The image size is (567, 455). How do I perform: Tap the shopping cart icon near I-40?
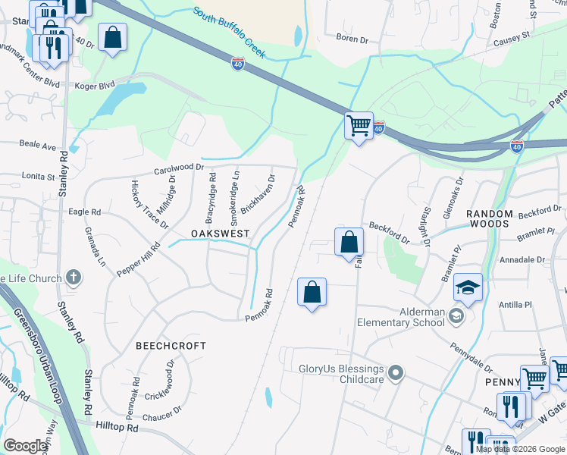pyautogui.click(x=359, y=125)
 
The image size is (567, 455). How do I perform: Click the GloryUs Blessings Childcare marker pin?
pyautogui.click(x=395, y=373)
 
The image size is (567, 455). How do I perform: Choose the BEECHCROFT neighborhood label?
pyautogui.click(x=171, y=346)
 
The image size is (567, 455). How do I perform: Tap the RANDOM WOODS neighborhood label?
pyautogui.click(x=489, y=219)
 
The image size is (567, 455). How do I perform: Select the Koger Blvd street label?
pyautogui.click(x=94, y=85)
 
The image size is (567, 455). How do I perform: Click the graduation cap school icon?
pyautogui.click(x=468, y=289)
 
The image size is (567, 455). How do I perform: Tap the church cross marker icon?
pyautogui.click(x=74, y=278)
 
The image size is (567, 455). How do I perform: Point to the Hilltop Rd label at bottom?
pyautogui.click(x=117, y=428)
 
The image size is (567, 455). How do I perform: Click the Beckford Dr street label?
pyautogui.click(x=390, y=233)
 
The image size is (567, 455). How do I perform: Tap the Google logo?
pyautogui.click(x=26, y=446)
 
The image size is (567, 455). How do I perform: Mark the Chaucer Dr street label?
pyautogui.click(x=162, y=414)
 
